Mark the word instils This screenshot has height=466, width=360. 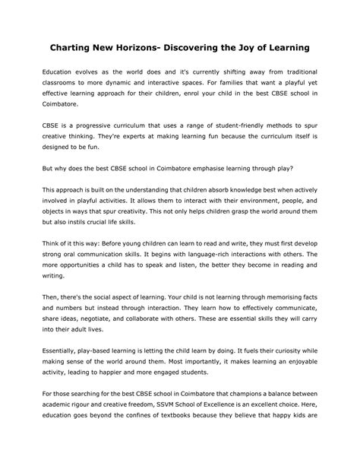(x=87, y=223)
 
